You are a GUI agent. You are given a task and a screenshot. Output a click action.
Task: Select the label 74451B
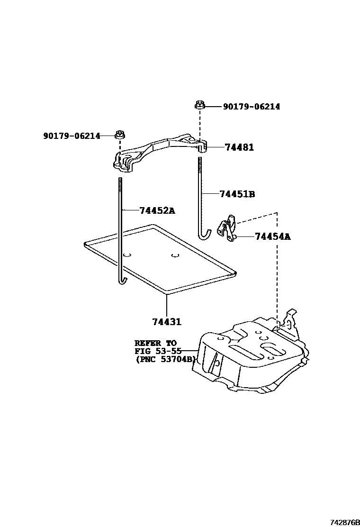click(x=237, y=194)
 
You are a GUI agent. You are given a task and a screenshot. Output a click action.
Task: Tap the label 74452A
click(x=157, y=210)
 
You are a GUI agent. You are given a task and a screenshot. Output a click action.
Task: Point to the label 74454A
click(x=273, y=236)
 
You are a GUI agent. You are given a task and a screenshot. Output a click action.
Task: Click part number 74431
click(x=167, y=322)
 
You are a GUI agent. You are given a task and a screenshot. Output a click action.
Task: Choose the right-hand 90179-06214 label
click(x=252, y=107)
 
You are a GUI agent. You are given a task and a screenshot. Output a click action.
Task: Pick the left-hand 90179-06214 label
click(x=72, y=136)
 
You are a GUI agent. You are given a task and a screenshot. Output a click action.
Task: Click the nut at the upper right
click(x=199, y=106)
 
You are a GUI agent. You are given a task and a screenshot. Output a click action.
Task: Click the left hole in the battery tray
click(x=126, y=255)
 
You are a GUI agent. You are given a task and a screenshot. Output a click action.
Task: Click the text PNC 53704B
click(x=165, y=359)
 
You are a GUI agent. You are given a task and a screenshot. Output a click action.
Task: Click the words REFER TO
click(x=155, y=343)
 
